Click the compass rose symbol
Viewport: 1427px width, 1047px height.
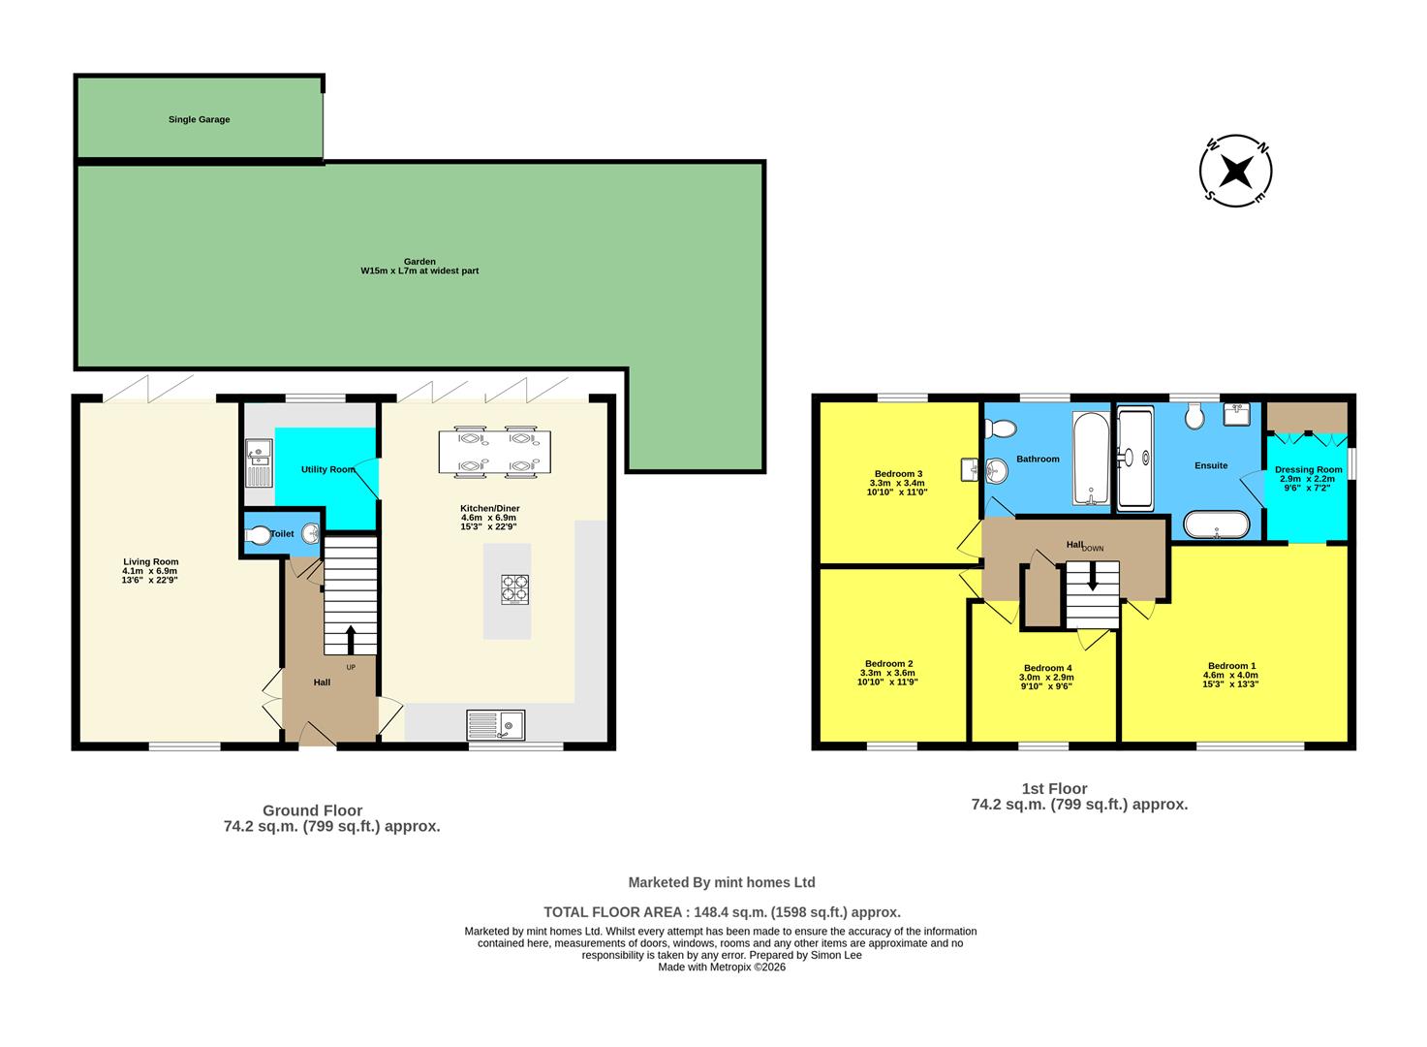pyautogui.click(x=1235, y=171)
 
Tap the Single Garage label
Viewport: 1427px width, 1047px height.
pyautogui.click(x=199, y=119)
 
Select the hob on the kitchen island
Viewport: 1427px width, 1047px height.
pyautogui.click(x=514, y=589)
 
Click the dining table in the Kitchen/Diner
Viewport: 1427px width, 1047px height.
pyautogui.click(x=494, y=453)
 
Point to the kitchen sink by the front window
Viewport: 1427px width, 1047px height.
pyautogui.click(x=495, y=724)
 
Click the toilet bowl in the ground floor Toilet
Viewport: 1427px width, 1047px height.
pyautogui.click(x=259, y=534)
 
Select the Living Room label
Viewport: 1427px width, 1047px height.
pyautogui.click(x=150, y=561)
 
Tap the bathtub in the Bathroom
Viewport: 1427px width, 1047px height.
pyautogui.click(x=1092, y=459)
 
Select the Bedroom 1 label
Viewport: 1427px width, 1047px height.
pyautogui.click(x=1230, y=666)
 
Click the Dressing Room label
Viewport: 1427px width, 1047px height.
pyautogui.click(x=1308, y=469)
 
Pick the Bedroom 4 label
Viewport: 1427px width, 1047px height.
pyautogui.click(x=1047, y=668)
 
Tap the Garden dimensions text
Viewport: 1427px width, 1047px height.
pyautogui.click(x=419, y=270)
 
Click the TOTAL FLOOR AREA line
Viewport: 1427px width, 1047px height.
pyautogui.click(x=722, y=912)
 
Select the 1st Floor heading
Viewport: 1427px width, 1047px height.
pyautogui.click(x=1054, y=788)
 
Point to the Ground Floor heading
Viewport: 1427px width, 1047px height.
pyautogui.click(x=312, y=810)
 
